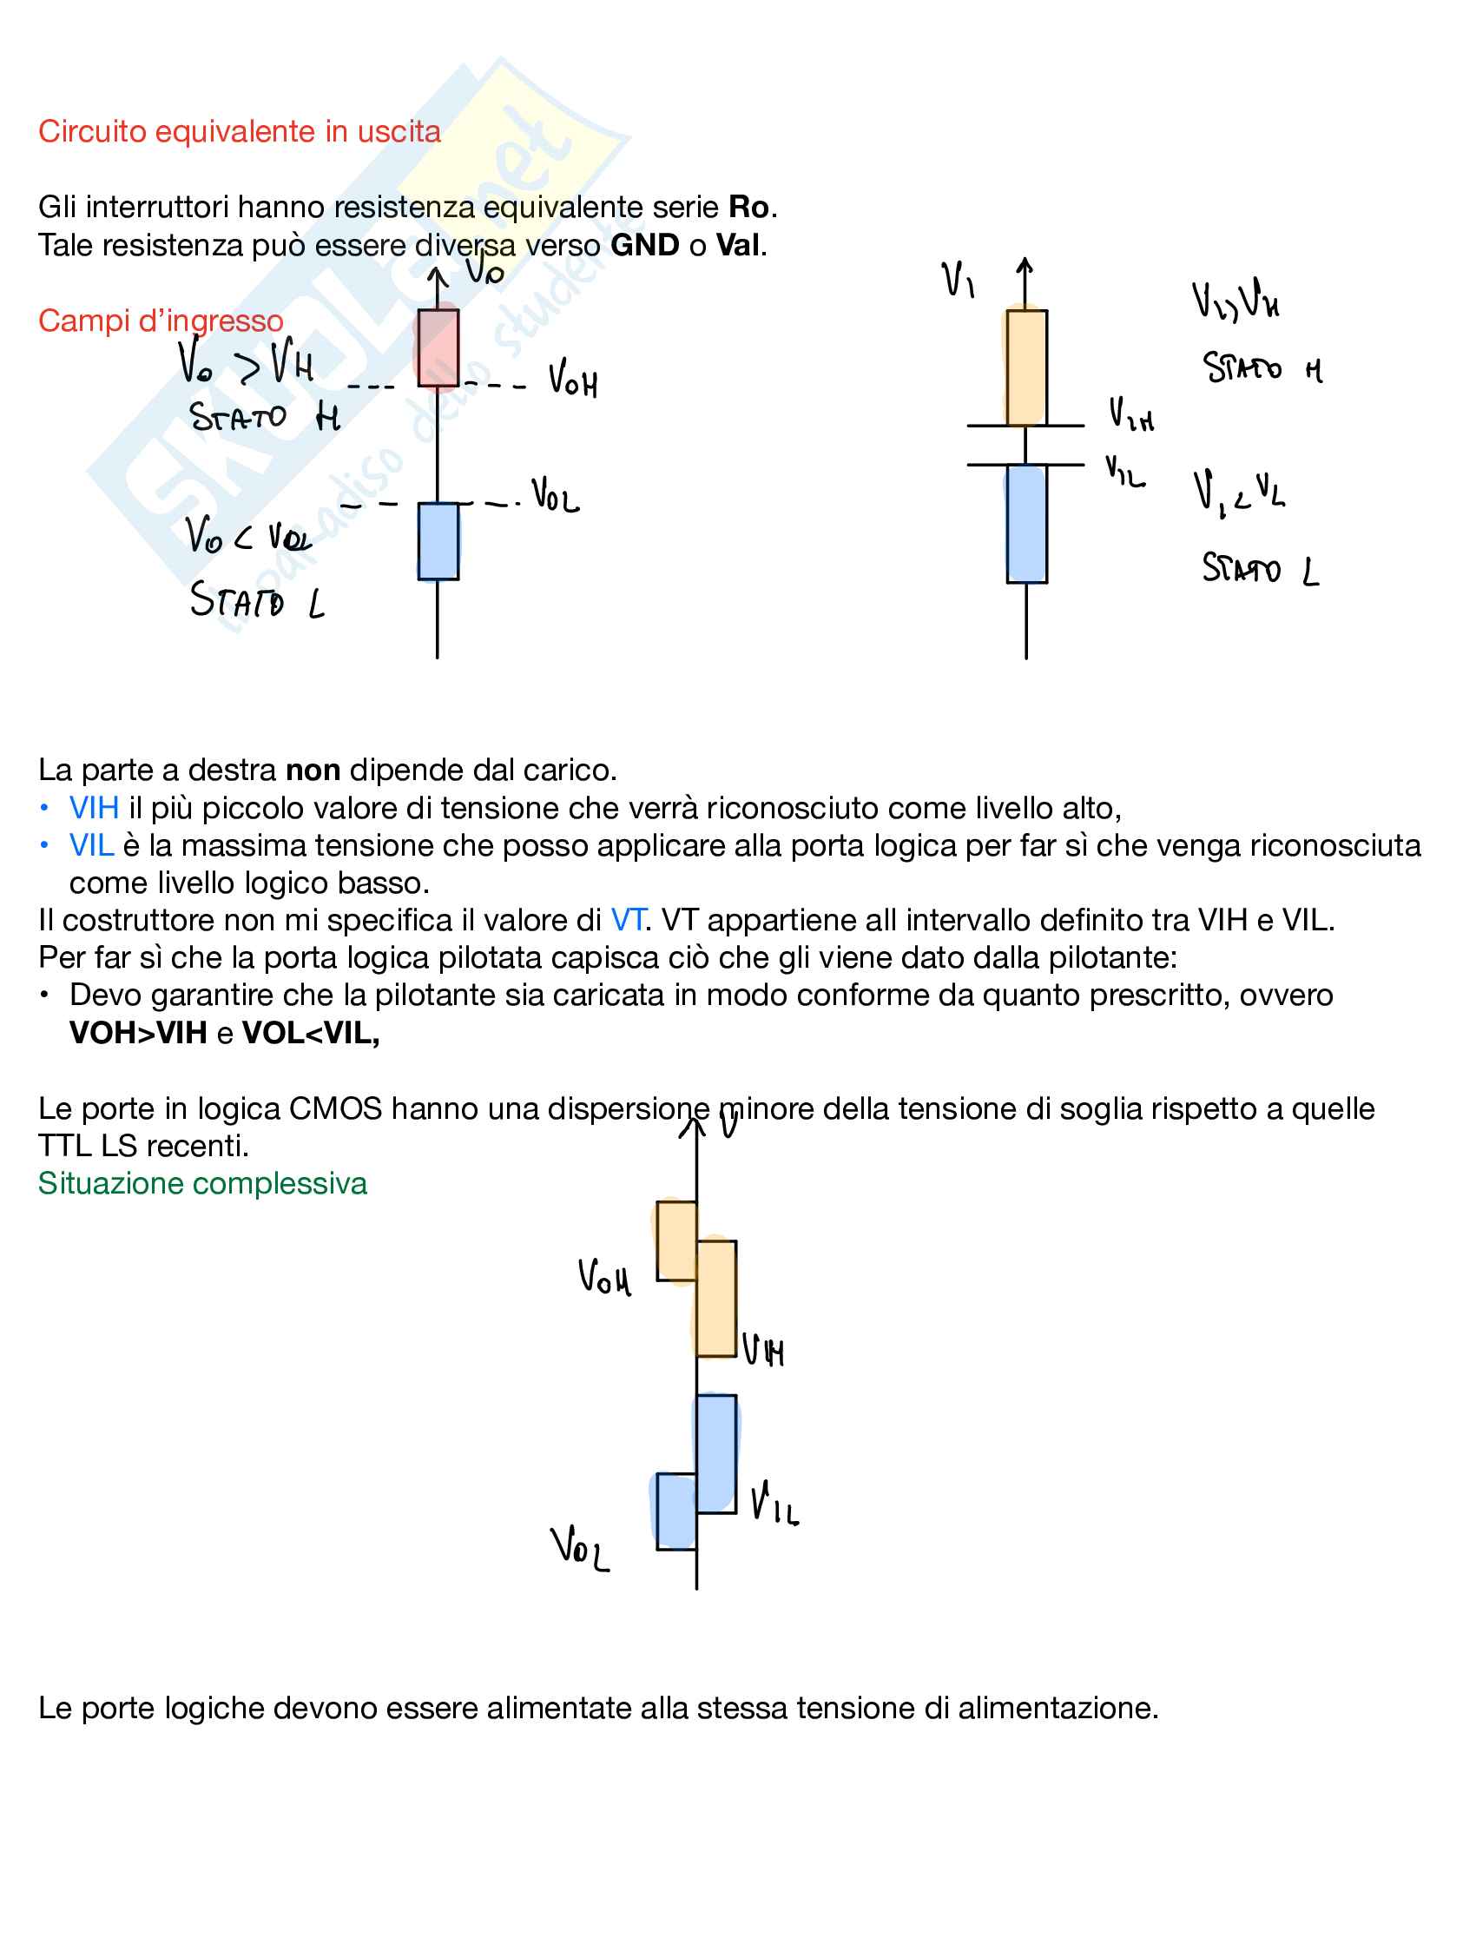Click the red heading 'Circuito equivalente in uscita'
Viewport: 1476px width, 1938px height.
click(239, 132)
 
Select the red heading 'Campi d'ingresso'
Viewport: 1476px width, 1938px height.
click(161, 321)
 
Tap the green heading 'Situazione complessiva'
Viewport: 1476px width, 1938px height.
click(202, 1184)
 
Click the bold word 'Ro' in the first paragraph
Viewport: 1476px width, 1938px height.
click(748, 208)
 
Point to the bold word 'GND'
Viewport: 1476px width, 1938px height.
click(645, 245)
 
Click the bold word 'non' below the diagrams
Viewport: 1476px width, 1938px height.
click(313, 770)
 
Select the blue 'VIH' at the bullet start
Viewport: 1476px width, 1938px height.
click(94, 808)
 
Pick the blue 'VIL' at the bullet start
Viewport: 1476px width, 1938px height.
click(91, 845)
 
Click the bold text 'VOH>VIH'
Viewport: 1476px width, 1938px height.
click(138, 1033)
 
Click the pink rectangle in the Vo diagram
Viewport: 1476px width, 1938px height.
click(438, 347)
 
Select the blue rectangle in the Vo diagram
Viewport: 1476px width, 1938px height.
click(438, 541)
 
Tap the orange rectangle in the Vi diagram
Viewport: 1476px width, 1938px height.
click(1026, 367)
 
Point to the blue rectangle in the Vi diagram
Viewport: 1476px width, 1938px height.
click(1026, 524)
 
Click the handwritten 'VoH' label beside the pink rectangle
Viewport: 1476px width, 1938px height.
click(573, 380)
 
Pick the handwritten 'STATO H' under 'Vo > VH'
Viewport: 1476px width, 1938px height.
click(264, 417)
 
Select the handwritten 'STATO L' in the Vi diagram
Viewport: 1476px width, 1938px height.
click(1260, 570)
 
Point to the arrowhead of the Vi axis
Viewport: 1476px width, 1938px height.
click(1025, 264)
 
